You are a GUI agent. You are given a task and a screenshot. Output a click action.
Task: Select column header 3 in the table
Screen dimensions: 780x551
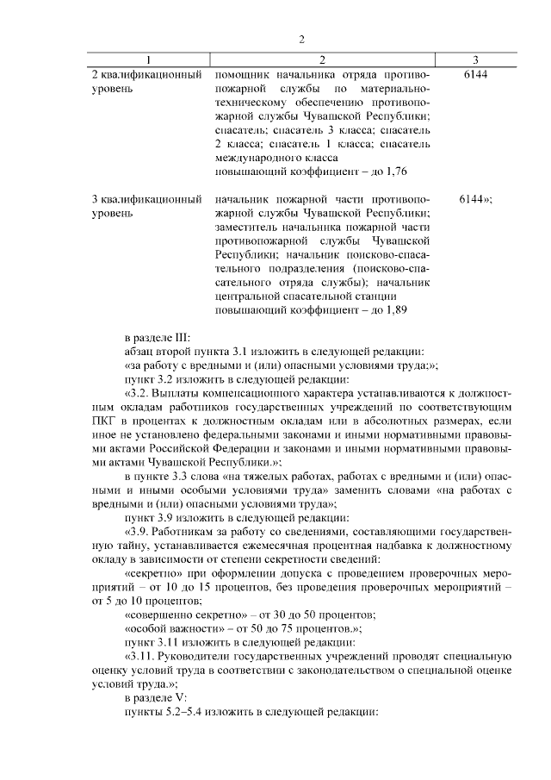click(475, 59)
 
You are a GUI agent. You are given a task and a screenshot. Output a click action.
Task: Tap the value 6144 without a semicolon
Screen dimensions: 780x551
click(475, 76)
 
